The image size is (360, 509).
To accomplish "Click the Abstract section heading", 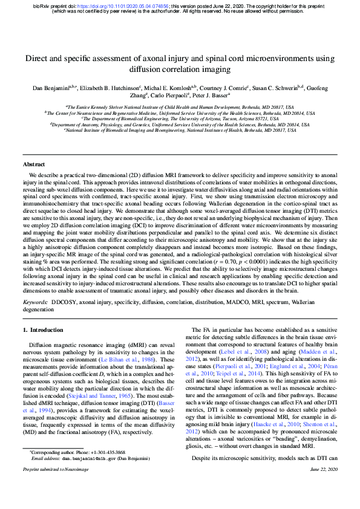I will click(34, 164).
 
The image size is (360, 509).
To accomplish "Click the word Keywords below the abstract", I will click(35, 300).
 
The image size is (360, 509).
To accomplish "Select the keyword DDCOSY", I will click(64, 300).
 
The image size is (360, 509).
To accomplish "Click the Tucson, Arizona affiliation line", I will click(179, 118).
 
